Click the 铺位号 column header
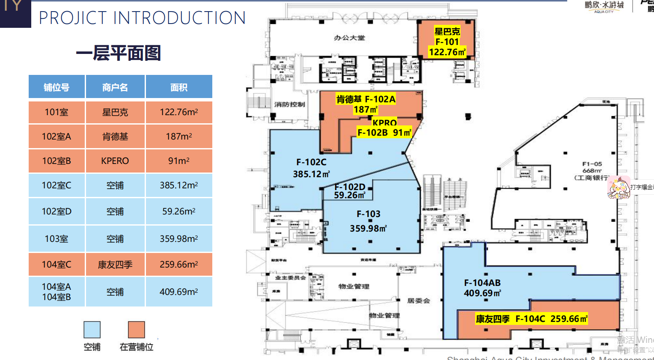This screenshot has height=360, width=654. (x=56, y=87)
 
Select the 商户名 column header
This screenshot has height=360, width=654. (x=115, y=87)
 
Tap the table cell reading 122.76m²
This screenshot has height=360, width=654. (x=179, y=112)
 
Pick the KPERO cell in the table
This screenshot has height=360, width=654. (x=115, y=161)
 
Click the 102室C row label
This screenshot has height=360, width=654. (x=56, y=185)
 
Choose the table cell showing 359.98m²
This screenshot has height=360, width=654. (x=179, y=239)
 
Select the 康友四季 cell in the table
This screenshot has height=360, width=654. (x=115, y=265)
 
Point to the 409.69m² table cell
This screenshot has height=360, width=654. (x=179, y=292)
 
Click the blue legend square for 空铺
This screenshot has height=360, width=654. (x=92, y=330)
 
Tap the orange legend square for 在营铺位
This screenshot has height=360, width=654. (x=137, y=330)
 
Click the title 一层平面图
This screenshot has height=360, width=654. (x=119, y=54)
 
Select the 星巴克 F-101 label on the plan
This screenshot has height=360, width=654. (x=447, y=42)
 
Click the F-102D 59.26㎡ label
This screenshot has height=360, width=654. (x=350, y=191)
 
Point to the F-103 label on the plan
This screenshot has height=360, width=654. (x=369, y=214)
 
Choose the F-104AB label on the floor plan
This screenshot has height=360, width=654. (x=482, y=283)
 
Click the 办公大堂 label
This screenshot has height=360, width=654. (x=349, y=38)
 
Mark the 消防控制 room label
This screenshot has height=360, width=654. (x=289, y=104)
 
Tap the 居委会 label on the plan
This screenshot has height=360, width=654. (x=418, y=301)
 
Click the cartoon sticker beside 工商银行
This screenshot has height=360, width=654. (x=619, y=187)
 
